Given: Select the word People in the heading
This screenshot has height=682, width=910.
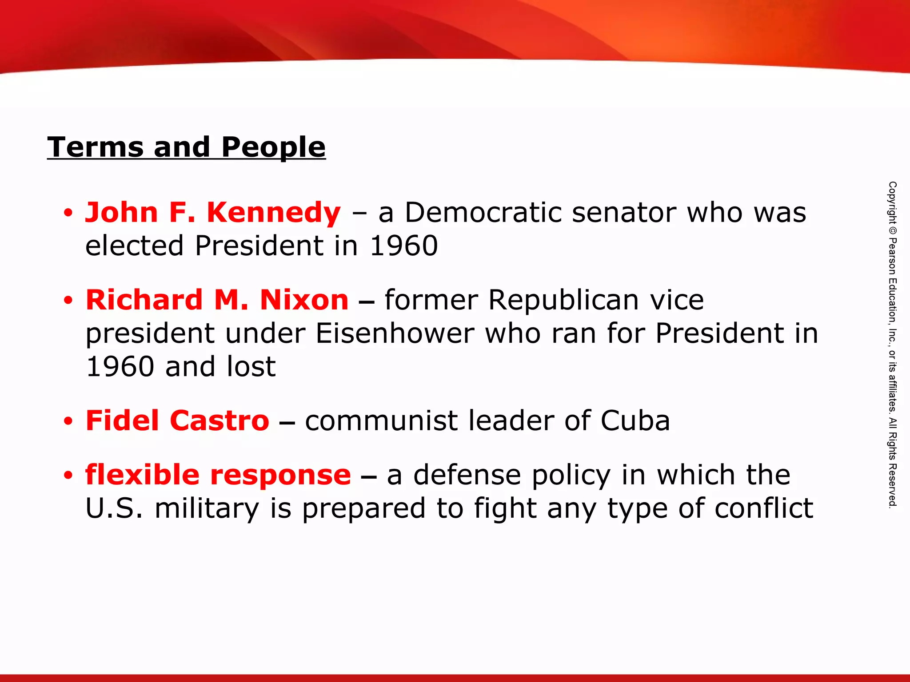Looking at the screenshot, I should pos(273,148).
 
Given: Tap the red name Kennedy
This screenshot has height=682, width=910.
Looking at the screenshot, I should pos(274,212).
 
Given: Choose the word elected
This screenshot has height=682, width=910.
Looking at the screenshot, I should pos(134,246).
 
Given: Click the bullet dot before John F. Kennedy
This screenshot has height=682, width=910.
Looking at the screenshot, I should pos(68,213).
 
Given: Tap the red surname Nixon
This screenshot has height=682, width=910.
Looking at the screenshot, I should pos(304,300).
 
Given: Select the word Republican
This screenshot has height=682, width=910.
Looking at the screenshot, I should pos(563,301).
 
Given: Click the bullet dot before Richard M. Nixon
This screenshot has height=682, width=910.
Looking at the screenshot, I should pos(68,301).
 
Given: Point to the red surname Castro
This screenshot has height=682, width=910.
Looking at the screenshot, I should pos(220,420).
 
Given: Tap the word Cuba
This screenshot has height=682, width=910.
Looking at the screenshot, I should pos(635,420).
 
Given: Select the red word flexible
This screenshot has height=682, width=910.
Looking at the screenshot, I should pos(142,475).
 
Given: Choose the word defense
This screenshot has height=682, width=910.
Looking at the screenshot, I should pos(467,475).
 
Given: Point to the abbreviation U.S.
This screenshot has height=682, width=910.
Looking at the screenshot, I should pos(114,508).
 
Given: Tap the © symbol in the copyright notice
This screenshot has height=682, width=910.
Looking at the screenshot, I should pos(892,231).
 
